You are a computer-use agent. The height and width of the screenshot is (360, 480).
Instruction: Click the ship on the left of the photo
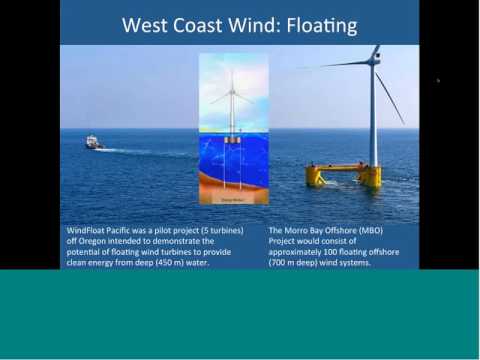coord(93,143)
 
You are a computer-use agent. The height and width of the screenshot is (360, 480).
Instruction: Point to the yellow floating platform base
coord(343,175)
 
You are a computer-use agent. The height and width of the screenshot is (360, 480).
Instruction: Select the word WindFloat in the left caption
coord(88,229)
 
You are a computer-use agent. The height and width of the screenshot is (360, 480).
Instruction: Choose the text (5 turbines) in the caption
coord(225,229)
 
